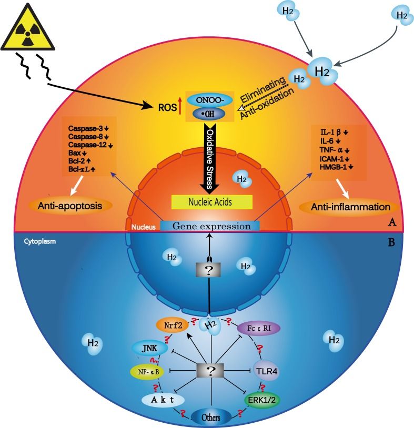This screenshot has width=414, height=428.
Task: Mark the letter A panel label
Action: (x=391, y=222)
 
